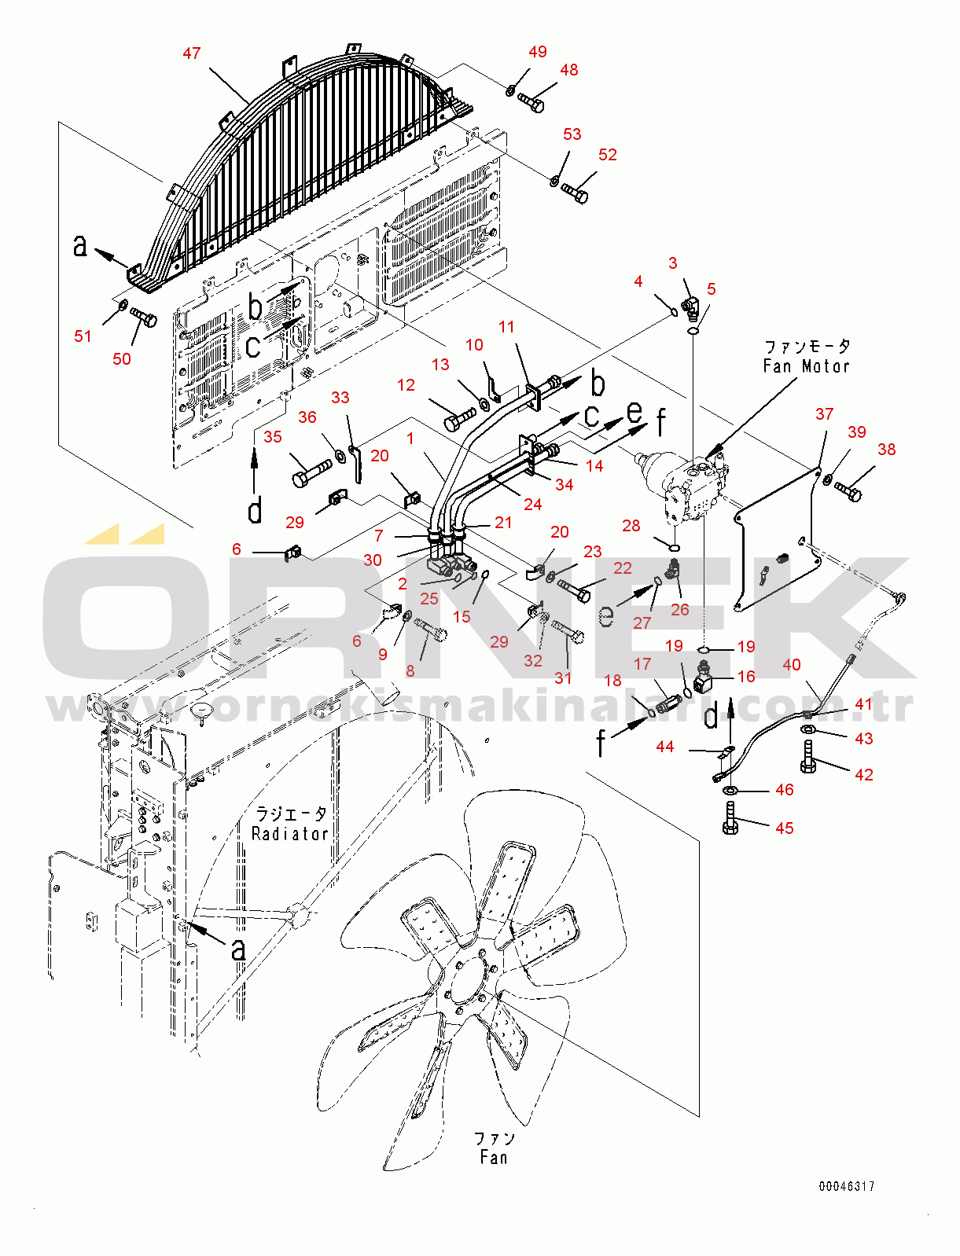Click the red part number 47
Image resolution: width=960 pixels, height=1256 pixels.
tap(191, 53)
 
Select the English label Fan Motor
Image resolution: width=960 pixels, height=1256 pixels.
tap(805, 365)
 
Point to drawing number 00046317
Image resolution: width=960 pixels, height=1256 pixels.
tap(846, 1186)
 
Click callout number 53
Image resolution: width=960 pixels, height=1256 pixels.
tap(572, 134)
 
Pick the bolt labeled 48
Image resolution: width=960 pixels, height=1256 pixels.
tap(531, 102)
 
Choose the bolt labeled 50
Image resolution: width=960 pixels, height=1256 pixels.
tap(143, 317)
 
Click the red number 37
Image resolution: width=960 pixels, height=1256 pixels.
tap(824, 413)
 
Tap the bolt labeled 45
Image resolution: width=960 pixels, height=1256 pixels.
tap(730, 817)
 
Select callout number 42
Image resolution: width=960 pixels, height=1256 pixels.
tap(863, 774)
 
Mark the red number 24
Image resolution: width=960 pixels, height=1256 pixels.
tap(532, 504)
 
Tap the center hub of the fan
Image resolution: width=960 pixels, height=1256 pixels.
tap(467, 981)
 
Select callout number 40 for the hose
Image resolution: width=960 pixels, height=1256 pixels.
tap(791, 664)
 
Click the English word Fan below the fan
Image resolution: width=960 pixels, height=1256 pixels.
tap(494, 1157)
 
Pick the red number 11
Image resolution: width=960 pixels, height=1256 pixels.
tap(506, 327)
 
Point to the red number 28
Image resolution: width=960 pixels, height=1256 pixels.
tap(631, 525)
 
